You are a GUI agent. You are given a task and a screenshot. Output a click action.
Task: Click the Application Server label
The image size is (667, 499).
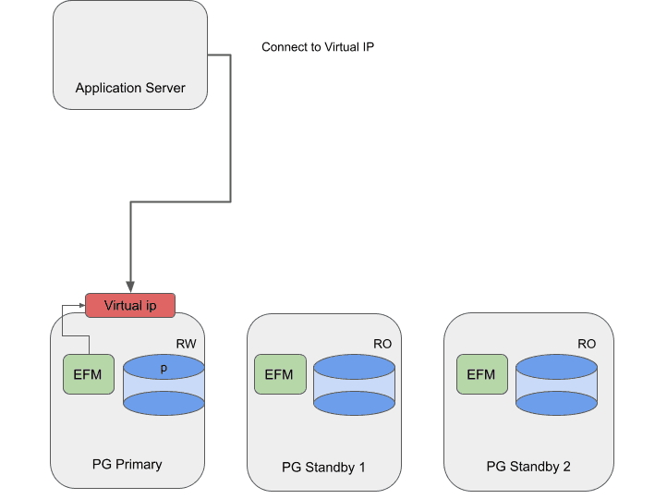tap(130, 89)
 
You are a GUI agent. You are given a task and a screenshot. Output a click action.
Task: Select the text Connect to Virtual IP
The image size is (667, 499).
tap(317, 47)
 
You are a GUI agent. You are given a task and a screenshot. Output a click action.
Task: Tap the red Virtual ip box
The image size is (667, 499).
tap(129, 305)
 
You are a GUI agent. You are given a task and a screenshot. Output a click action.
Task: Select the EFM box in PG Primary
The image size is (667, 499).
tap(87, 374)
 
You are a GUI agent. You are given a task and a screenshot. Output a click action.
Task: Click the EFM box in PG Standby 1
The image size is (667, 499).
tap(279, 374)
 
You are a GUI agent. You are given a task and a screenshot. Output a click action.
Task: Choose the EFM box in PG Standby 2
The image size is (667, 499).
tap(481, 374)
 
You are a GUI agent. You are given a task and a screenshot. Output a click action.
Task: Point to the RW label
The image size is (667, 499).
tap(186, 344)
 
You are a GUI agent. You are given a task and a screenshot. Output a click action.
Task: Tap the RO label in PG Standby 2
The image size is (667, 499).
tap(587, 344)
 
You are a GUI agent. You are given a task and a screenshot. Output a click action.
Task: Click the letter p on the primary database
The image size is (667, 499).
tap(164, 368)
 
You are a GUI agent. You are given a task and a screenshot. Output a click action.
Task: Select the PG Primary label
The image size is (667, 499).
tap(127, 464)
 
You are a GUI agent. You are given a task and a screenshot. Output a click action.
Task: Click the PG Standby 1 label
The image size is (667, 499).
tap(323, 467)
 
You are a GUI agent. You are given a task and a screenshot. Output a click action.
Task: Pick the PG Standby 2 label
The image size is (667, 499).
tap(528, 467)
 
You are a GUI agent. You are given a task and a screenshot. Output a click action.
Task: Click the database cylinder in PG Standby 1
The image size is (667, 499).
tap(354, 385)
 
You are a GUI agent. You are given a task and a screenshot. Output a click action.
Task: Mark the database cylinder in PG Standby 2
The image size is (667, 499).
tap(556, 385)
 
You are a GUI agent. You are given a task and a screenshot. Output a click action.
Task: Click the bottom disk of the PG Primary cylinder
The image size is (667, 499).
tap(164, 403)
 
